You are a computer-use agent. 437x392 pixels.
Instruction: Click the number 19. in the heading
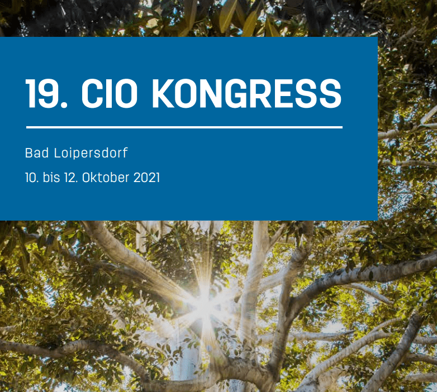46,93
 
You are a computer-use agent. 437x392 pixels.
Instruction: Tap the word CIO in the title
110,93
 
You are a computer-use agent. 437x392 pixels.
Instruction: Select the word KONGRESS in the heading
246,93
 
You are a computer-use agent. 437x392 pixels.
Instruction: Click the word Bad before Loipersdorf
37,153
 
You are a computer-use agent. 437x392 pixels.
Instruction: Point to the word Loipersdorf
91,153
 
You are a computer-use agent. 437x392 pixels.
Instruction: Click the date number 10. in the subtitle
32,178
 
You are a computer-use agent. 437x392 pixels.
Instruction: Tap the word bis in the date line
51,178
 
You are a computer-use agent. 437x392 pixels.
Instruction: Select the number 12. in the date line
71,178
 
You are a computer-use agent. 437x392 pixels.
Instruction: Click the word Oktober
106,178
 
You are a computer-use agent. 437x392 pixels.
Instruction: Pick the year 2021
146,178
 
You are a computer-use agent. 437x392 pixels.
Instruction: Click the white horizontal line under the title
184,127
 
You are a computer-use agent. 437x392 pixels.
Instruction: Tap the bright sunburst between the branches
205,303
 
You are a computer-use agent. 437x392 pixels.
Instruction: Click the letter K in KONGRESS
163,93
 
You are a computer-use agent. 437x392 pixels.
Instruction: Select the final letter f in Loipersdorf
125,152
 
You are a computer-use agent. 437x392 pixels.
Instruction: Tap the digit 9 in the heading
49,93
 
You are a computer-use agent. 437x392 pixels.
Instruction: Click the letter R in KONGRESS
261,93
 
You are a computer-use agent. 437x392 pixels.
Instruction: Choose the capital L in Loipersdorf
57,153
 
